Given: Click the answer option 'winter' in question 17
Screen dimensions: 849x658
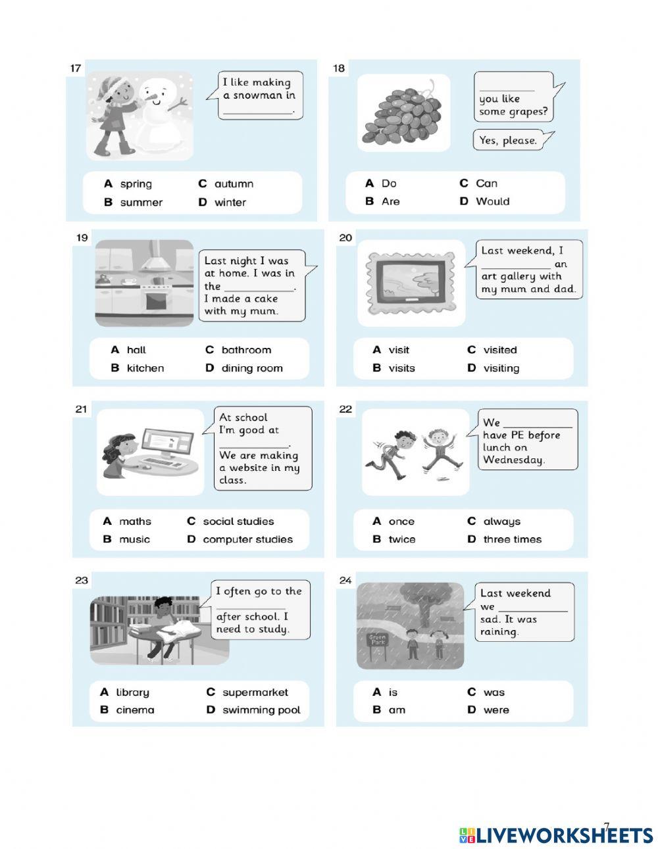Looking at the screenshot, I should [x=230, y=203].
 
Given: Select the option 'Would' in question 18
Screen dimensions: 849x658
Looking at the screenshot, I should [x=492, y=201].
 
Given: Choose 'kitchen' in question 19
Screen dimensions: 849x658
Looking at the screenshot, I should [x=145, y=368].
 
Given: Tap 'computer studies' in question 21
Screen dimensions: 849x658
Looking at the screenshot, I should [x=247, y=539].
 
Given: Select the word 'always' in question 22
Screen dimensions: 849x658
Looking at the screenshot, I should [x=501, y=522].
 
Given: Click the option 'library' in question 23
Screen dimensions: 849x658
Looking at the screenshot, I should [x=132, y=692].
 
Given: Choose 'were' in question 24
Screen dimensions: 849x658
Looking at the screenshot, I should [x=496, y=710].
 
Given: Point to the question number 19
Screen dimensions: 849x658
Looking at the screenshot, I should [x=81, y=238].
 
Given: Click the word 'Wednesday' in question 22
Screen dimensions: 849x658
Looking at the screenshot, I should [x=513, y=460].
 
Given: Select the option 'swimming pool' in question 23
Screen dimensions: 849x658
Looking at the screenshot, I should [x=261, y=710].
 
